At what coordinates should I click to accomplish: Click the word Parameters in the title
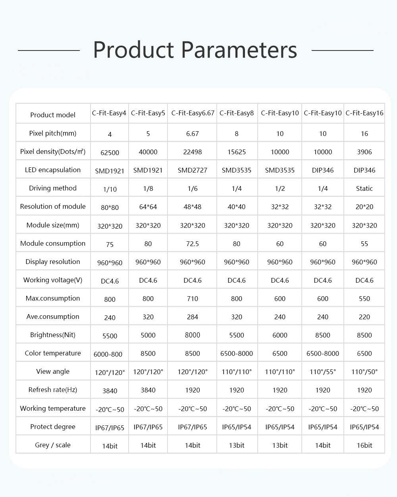pos(239,50)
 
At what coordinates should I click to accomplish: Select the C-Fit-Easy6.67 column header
pos(193,113)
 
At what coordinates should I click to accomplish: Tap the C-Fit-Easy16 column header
pos(364,113)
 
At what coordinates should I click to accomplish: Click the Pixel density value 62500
pos(110,153)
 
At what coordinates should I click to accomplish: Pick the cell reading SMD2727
pos(193,171)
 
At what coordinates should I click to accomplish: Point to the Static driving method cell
pos(364,189)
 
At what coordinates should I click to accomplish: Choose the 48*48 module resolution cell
pos(193,207)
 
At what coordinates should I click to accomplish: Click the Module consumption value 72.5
pos(193,244)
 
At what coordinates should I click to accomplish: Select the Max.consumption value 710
pos(193,299)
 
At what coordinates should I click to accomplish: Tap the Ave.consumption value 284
pos(193,317)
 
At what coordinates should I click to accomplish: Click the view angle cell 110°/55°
pos(323,372)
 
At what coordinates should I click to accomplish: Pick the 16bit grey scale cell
pos(364,445)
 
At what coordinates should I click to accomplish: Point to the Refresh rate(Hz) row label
pos(53,390)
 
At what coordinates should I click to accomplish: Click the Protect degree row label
pos(53,427)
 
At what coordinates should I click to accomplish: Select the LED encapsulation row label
pos(53,170)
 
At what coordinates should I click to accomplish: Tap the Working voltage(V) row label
pos(53,280)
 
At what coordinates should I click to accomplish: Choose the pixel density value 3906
pos(364,152)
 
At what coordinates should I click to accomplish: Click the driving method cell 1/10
pos(110,189)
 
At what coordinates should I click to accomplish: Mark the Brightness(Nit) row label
pos(53,335)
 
